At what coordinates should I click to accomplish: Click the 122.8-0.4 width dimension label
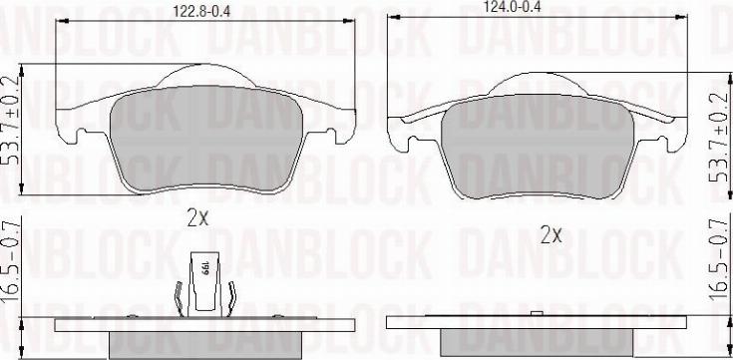pos(201,11)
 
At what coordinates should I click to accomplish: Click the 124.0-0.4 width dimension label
pos(513,7)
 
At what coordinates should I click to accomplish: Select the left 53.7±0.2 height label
pos(12,121)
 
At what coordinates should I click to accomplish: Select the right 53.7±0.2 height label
pos(719,137)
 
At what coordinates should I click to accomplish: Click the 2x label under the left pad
pos(197,218)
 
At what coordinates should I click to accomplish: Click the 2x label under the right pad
pos(550,236)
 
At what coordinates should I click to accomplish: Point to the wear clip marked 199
pos(204,282)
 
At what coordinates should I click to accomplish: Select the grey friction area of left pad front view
pos(206,139)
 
